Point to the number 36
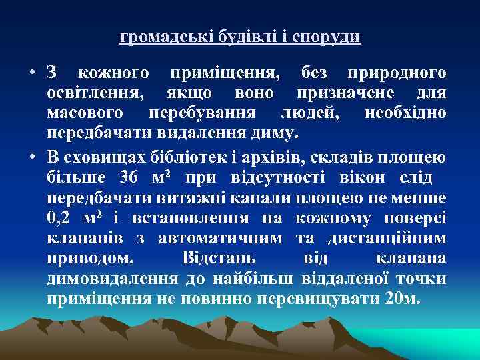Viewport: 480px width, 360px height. tap(127, 178)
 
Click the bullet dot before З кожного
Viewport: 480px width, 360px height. tap(31, 72)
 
